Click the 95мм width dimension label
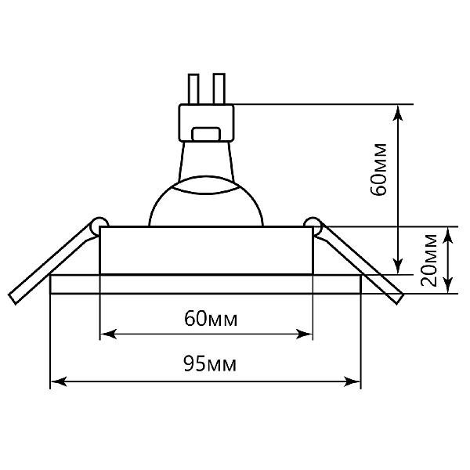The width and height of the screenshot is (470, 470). [210, 363]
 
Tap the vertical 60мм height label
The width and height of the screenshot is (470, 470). [378, 170]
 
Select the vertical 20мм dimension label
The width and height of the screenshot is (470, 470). [428, 260]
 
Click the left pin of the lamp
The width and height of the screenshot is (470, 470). [193, 89]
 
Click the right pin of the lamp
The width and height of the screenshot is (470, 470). [219, 89]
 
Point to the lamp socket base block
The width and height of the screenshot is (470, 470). [206, 123]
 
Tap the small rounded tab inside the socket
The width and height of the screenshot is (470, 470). [206, 134]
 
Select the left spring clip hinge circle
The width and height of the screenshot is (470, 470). [99, 224]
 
